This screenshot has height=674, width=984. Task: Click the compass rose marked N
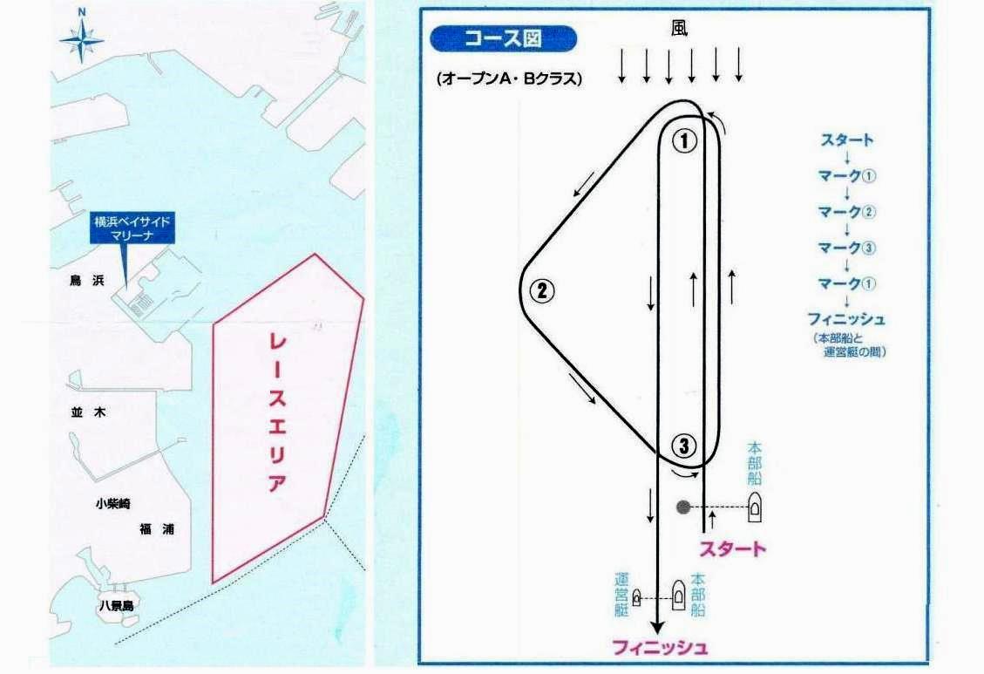click(82, 39)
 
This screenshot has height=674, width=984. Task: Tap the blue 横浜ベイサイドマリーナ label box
click(132, 228)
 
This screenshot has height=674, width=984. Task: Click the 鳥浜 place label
click(87, 281)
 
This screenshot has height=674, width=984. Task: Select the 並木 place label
click(89, 412)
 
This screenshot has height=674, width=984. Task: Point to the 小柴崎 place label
click(113, 503)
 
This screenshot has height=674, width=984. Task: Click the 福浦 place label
click(156, 529)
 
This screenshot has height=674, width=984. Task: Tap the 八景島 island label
click(117, 606)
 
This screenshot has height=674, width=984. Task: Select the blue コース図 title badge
click(503, 39)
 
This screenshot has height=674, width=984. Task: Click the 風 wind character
click(680, 28)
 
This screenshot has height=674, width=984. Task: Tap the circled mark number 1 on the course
click(684, 140)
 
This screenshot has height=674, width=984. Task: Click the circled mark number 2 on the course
click(542, 290)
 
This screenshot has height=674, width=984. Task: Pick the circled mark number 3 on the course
click(683, 446)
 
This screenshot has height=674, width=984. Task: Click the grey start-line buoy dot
click(683, 507)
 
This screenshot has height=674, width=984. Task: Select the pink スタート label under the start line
click(732, 548)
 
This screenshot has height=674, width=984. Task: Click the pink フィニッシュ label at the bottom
click(660, 647)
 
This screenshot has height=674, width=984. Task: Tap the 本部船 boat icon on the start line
click(754, 507)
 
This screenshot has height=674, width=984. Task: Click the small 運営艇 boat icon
click(636, 598)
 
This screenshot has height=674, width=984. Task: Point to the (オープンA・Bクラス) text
click(508, 79)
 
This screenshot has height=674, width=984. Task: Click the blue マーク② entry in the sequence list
click(846, 212)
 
